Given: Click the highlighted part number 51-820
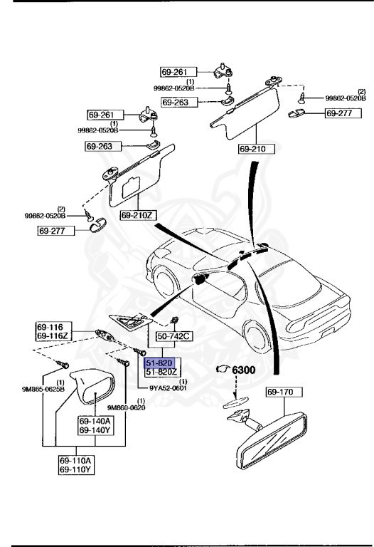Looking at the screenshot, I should pos(160,363).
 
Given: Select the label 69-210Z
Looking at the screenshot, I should pos(137,214).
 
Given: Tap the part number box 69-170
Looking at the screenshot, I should pos(284,392).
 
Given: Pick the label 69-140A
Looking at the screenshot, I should pos(95,422).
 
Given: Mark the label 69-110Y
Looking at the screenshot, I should pos(78,470).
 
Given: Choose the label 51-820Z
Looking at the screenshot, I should pos(162,372).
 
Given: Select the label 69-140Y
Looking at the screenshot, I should pos(95,430).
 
